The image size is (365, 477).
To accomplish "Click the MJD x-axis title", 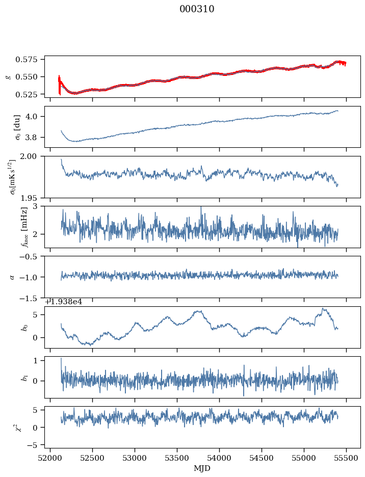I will tap(202, 468).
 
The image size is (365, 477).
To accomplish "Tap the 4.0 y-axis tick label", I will tap(36, 116).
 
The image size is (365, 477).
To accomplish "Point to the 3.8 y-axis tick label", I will tap(36, 137).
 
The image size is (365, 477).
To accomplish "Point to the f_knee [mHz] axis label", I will tap(24, 227).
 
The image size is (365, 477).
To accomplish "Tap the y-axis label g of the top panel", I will tap(8, 76).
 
